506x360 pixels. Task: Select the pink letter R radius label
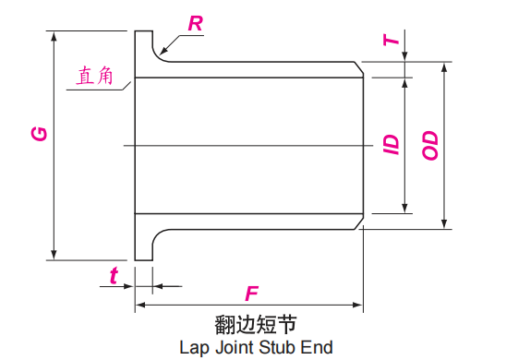click(x=196, y=24)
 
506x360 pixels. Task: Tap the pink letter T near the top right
click(x=393, y=40)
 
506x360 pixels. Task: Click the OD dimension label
click(x=430, y=144)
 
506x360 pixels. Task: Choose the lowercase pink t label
click(x=114, y=275)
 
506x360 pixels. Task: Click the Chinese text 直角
click(x=95, y=76)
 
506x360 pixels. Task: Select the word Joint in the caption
click(x=235, y=348)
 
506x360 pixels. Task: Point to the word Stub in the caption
click(x=280, y=348)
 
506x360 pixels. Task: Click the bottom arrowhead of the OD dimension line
click(x=445, y=222)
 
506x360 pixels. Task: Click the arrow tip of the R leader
click(x=160, y=52)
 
